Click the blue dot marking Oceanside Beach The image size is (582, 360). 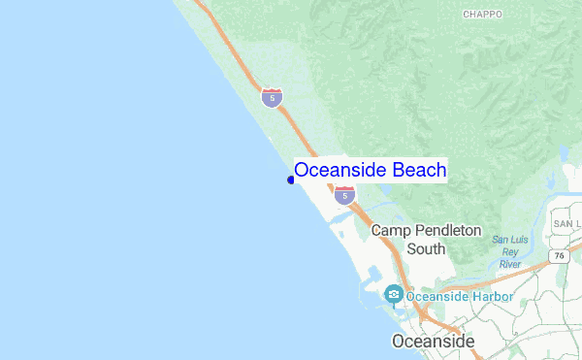coord(291,180)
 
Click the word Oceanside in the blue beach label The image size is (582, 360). coord(340,170)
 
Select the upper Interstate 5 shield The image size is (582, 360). coord(272,97)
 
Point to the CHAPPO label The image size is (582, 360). coord(482,15)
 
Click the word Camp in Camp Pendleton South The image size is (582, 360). coord(392,231)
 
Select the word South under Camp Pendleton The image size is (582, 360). coord(426,248)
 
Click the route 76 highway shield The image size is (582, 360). coord(559,256)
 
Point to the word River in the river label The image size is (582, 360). coord(509,264)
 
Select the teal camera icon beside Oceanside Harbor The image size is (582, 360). coord(393,294)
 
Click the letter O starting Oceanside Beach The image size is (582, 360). coord(303,170)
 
